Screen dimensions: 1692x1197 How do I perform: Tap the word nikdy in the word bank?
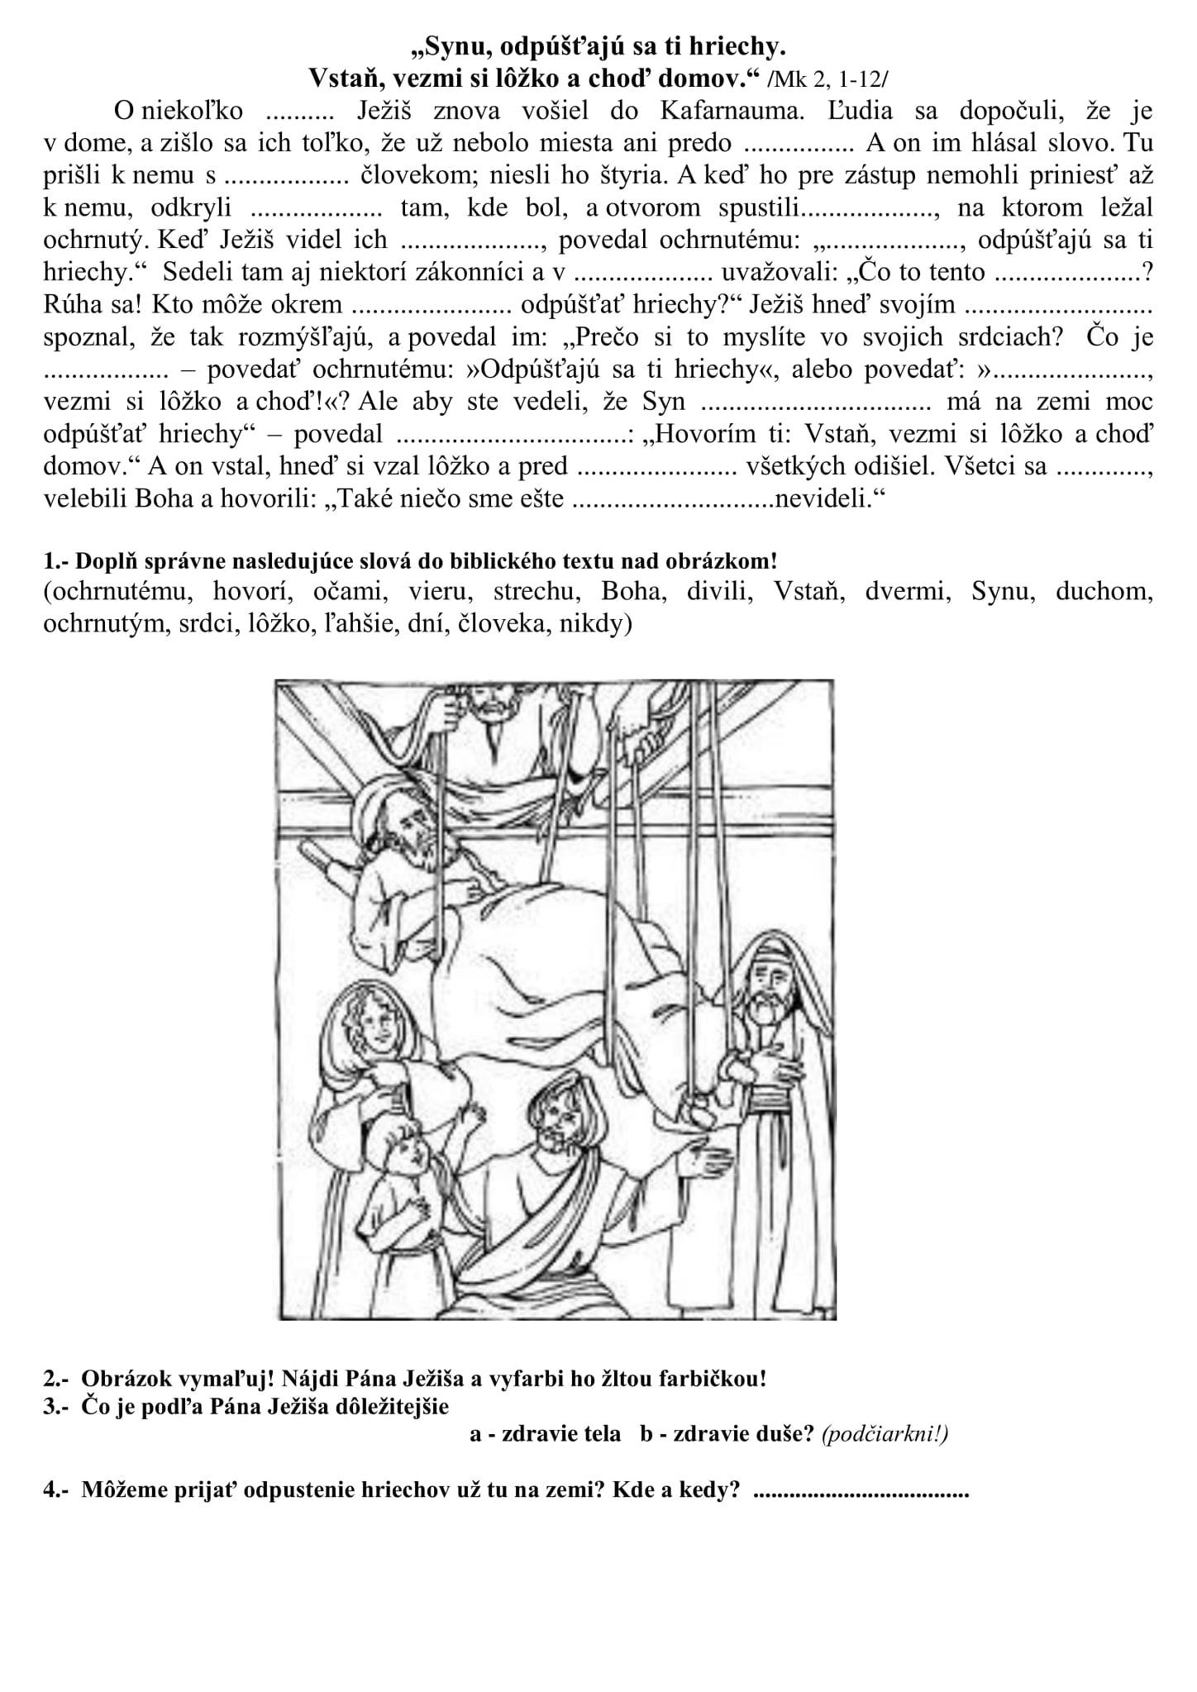click(594, 624)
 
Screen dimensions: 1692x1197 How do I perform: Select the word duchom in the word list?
click(1103, 592)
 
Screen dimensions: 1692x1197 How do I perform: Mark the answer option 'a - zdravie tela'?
click(545, 1434)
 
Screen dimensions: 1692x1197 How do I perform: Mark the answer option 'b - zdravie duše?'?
click(727, 1434)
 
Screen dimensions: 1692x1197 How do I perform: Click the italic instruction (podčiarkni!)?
click(885, 1434)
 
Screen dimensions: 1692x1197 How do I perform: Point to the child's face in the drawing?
click(409, 1151)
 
